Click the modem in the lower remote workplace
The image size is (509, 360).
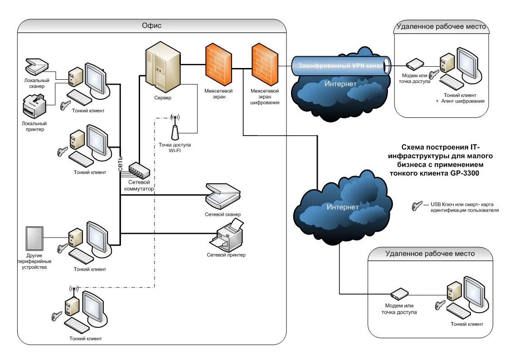(400, 293)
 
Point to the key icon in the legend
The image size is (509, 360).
(417, 206)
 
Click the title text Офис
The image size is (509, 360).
(151, 26)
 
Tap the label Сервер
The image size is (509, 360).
(162, 98)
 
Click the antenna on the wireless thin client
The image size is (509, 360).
(74, 289)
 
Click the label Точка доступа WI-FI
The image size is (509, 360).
(175, 148)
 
